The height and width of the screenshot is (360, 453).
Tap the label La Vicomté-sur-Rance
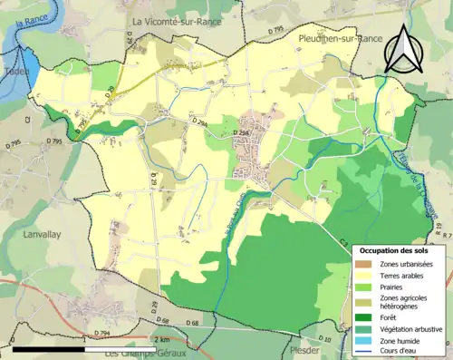[176, 22]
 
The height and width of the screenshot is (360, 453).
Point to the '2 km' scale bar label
[161, 339]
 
